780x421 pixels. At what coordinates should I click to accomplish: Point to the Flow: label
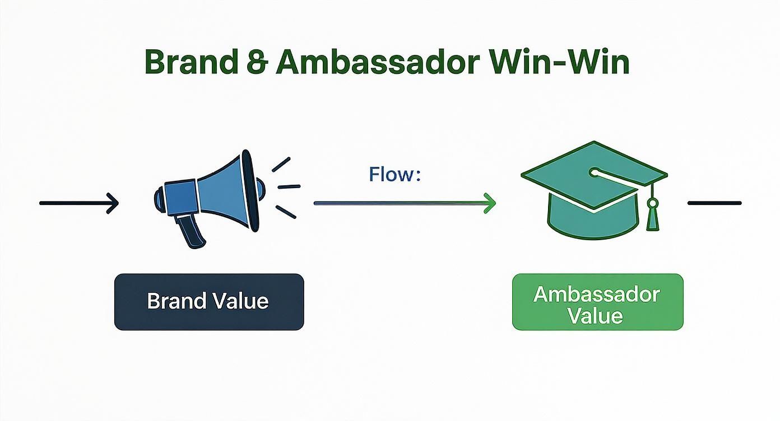coord(394,175)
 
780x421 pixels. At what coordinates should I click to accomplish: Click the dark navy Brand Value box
coord(208,301)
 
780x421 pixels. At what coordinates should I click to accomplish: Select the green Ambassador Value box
coord(597,301)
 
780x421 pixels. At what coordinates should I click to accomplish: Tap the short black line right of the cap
coord(714,203)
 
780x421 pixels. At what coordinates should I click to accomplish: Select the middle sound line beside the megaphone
coord(289,186)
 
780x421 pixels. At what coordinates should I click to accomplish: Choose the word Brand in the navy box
coord(173,301)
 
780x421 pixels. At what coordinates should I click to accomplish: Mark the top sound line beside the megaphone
coord(281,164)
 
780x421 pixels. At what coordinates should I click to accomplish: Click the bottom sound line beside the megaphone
coord(286,211)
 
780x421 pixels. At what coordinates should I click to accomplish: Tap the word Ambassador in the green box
coord(597,294)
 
